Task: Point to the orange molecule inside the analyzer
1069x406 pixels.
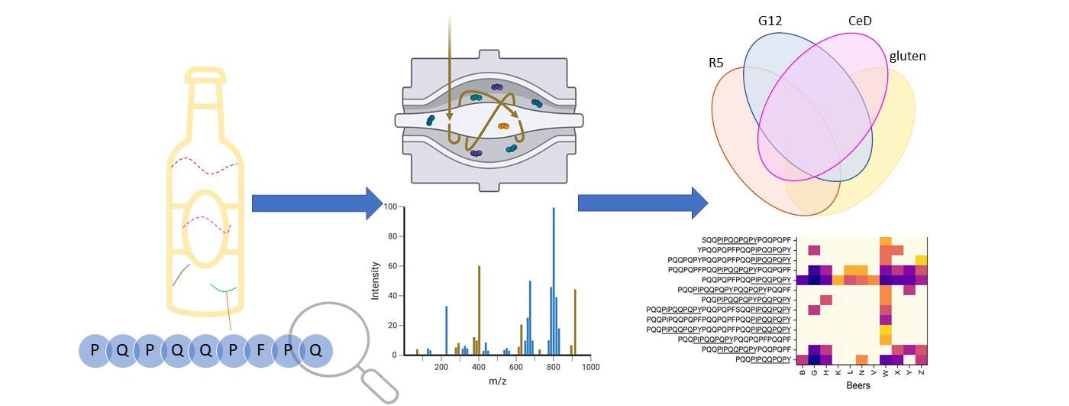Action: [x=503, y=126]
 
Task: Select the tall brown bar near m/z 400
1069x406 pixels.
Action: [x=479, y=310]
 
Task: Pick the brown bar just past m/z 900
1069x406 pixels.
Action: [x=575, y=321]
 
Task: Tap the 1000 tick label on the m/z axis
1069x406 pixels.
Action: [x=590, y=367]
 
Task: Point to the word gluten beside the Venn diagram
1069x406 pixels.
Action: [x=908, y=57]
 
